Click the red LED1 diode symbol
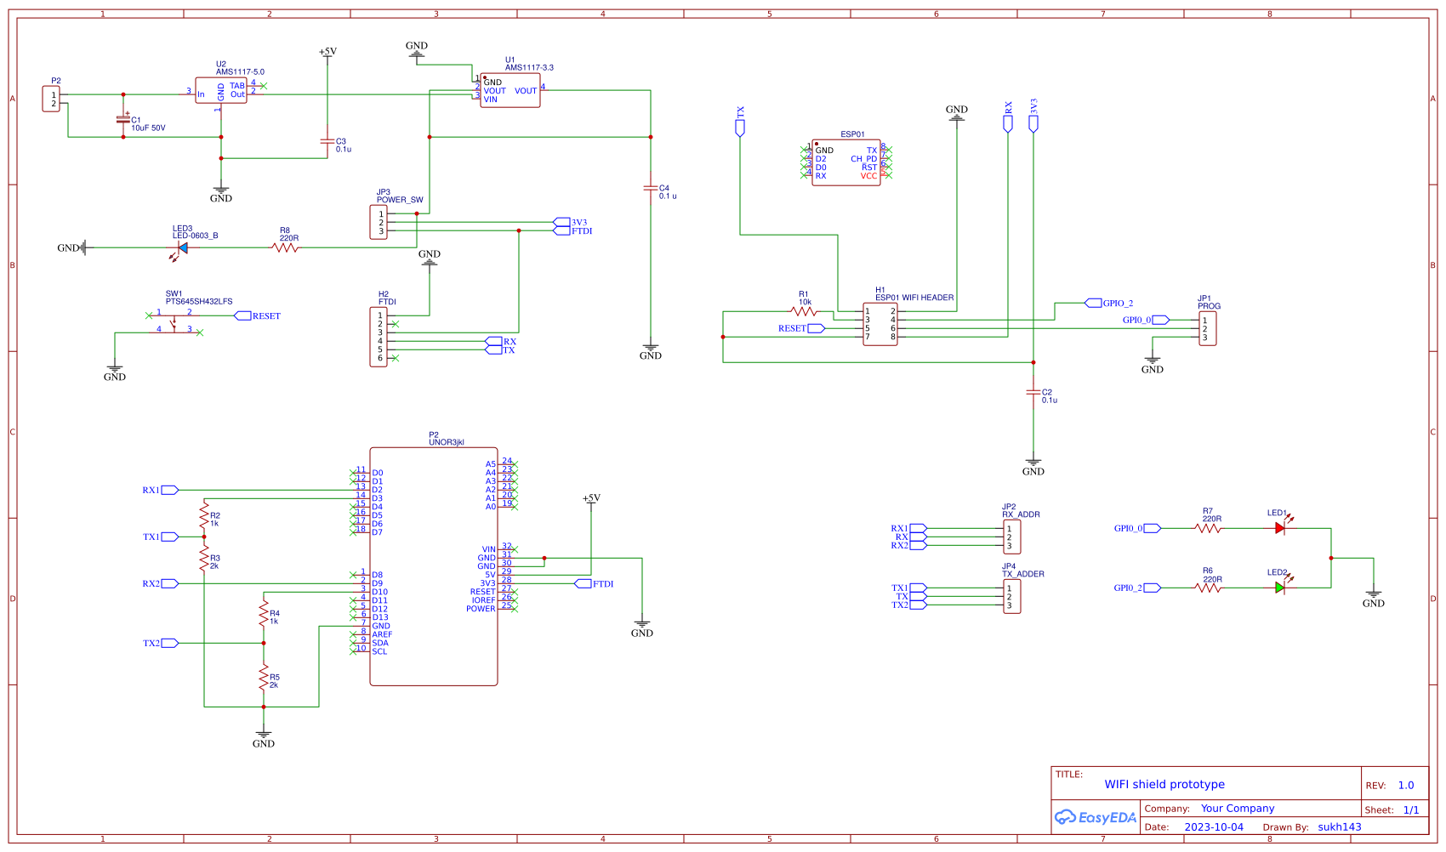pos(1279,528)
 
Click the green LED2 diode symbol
pos(1279,588)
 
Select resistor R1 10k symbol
pos(803,312)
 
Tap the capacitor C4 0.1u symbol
pos(651,188)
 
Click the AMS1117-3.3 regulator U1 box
pos(510,90)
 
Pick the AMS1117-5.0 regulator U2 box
pos(221,91)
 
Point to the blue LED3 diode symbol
pos(182,247)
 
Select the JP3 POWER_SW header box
pos(379,222)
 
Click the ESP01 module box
pos(845,162)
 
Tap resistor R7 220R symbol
pos(1208,528)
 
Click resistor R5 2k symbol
pos(264,678)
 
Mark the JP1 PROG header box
pos(1208,328)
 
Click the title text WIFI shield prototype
pos(1164,784)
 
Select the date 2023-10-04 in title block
pos(1214,826)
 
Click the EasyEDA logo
pos(1096,817)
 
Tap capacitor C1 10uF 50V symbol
pos(123,120)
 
